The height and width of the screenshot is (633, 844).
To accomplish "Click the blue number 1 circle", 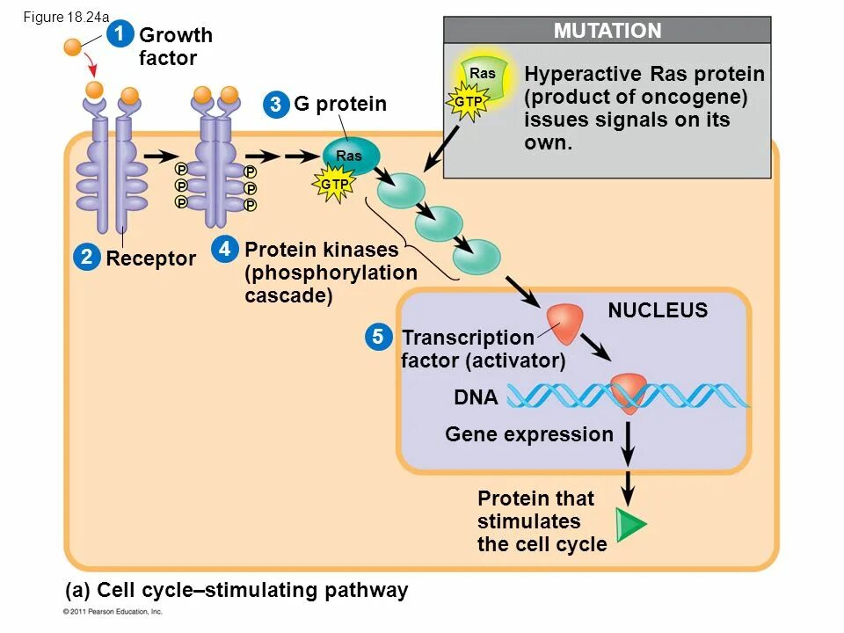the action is [120, 34].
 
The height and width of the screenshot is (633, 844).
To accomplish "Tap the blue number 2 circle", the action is [87, 257].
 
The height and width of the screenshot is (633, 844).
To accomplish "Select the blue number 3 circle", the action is [276, 104].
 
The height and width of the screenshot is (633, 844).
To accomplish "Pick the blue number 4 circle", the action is [224, 249].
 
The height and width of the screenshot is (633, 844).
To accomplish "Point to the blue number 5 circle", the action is [378, 337].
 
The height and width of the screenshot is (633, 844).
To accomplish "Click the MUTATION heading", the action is [608, 31].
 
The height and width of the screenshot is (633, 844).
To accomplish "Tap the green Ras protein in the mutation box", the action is [483, 78].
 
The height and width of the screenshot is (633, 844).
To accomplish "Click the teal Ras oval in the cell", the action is [351, 155].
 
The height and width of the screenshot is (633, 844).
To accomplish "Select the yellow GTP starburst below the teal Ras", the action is [334, 184].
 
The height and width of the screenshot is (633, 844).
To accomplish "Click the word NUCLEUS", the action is [658, 310].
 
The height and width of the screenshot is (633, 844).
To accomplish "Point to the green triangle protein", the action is [631, 524].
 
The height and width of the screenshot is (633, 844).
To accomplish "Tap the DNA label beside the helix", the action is [476, 397].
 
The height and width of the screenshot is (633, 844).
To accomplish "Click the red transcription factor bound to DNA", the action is [628, 393].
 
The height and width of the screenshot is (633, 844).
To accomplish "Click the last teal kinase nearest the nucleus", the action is [477, 257].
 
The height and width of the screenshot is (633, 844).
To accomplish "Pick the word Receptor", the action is [150, 258].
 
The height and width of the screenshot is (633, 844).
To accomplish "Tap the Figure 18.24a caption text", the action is [66, 18].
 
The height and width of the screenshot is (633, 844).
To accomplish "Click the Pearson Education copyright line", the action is [113, 612].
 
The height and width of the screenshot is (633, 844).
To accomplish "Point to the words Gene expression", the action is [529, 434].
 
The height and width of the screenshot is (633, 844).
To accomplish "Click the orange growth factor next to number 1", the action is [72, 47].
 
